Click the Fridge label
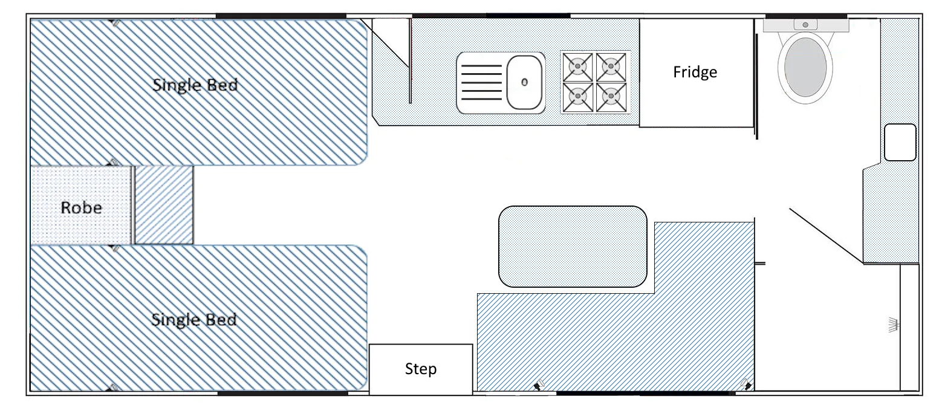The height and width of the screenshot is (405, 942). pos(695,73)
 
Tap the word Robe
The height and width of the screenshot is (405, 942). pos(81,208)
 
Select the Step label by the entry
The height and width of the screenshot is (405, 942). pos(421,369)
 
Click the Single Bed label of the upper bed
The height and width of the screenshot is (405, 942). pos(195,85)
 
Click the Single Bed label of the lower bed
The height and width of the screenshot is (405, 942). pos(194,320)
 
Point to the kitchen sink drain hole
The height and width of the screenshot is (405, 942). pos(524,82)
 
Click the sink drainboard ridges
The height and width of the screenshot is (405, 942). pos(481,82)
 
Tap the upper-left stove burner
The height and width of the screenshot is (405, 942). pos(578,66)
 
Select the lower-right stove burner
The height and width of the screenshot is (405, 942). pos(611,97)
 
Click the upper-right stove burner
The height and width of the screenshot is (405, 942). pos(611,66)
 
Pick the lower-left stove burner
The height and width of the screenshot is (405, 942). pos(578,97)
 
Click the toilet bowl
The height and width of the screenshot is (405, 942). pos(805,67)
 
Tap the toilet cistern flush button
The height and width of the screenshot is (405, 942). pos(805,25)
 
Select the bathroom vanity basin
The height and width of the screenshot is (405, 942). pos(900,142)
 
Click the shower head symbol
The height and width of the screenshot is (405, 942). pos(893,325)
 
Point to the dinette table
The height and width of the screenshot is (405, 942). pos(573,247)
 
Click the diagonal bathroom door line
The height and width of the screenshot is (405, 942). pos(827,236)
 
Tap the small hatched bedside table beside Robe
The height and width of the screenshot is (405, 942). pos(164,205)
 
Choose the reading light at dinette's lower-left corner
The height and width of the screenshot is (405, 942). pos(539,384)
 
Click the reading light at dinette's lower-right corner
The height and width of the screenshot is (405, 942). pos(746,384)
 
